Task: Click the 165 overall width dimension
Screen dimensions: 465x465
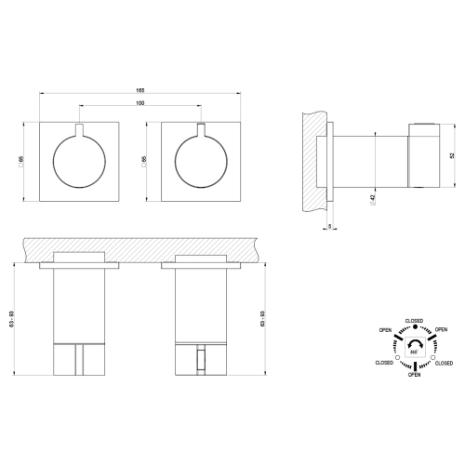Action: point(139,90)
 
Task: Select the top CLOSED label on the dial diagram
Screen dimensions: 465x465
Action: point(414,321)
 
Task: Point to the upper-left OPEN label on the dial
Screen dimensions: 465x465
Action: point(385,330)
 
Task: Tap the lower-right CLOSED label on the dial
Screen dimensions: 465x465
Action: point(444,363)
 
